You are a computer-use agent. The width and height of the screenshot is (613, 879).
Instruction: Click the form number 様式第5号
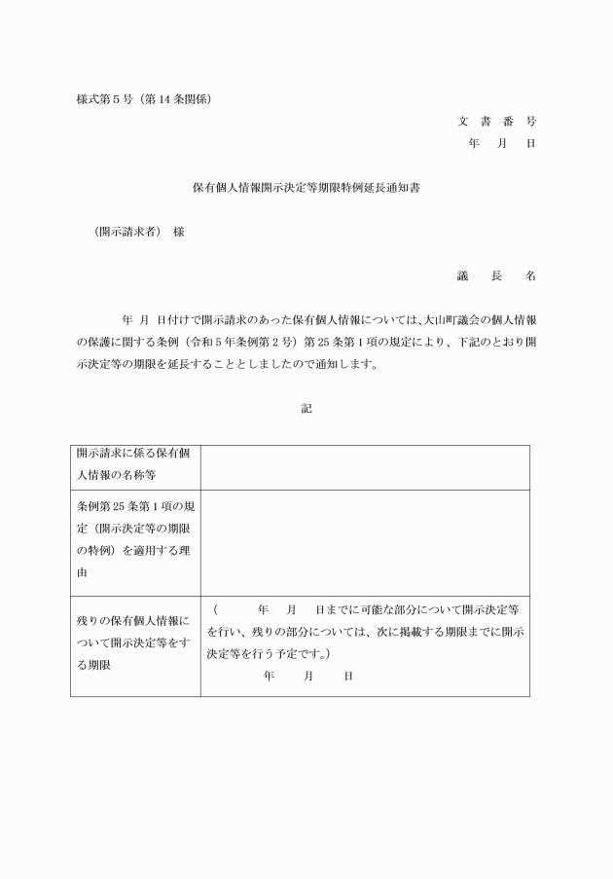coord(106,99)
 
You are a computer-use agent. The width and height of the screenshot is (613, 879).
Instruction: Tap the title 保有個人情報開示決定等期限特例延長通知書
coord(306,188)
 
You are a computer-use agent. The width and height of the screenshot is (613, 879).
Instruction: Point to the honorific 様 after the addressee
coord(178,232)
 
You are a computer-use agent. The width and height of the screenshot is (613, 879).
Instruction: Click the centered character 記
coord(306,409)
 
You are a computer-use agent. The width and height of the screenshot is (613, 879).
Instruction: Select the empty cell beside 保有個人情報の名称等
coord(365,466)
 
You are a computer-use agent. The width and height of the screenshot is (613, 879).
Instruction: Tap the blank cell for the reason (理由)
coord(365,540)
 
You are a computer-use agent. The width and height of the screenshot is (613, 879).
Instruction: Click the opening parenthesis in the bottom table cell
coord(215,609)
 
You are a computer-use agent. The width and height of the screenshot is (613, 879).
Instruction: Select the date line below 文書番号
coord(502,143)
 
